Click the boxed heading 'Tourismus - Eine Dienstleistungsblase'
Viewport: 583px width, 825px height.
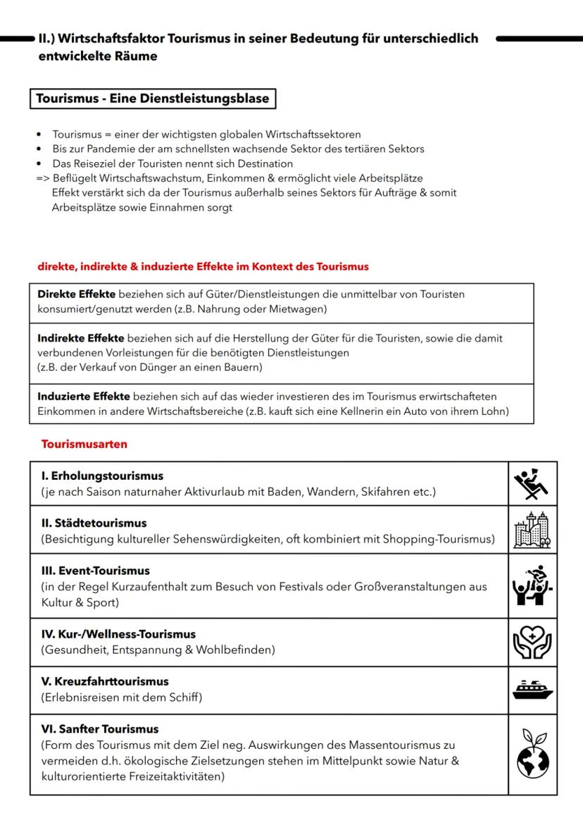pyautogui.click(x=153, y=99)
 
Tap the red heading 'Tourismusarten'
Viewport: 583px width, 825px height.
pyautogui.click(x=84, y=445)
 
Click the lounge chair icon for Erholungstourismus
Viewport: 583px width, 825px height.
pyautogui.click(x=532, y=483)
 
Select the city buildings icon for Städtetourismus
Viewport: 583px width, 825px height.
pyautogui.click(x=532, y=530)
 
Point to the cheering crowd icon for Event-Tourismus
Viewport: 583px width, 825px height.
pyautogui.click(x=532, y=585)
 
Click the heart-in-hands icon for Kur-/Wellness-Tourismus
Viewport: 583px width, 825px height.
pyautogui.click(x=532, y=642)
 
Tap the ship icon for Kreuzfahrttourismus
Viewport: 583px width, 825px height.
pyautogui.click(x=532, y=690)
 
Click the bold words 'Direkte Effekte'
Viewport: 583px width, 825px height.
pyautogui.click(x=77, y=294)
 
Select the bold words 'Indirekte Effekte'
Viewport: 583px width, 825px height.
pyautogui.click(x=81, y=338)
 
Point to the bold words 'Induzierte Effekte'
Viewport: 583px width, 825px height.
pyautogui.click(x=84, y=397)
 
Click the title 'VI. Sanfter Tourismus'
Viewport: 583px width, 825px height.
pyautogui.click(x=99, y=729)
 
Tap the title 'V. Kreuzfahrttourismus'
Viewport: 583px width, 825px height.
pyautogui.click(x=104, y=682)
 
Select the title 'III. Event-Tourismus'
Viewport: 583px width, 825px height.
pyautogui.click(x=95, y=571)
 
